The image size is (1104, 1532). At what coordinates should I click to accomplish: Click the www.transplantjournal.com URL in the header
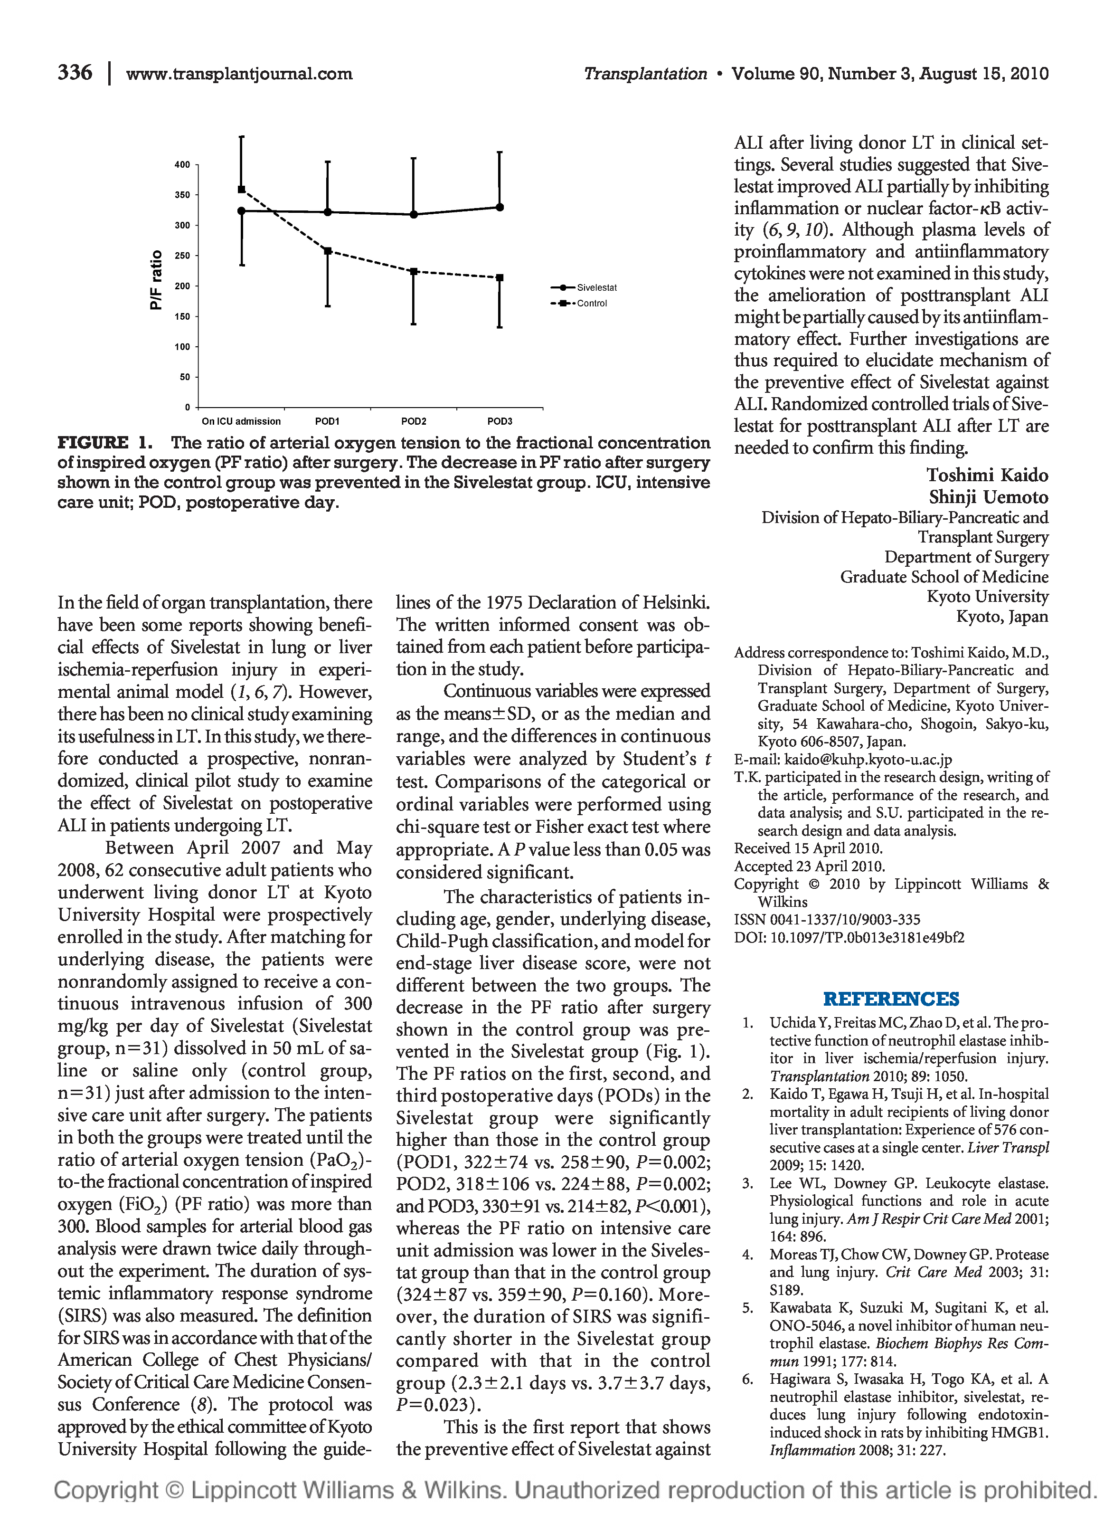[x=239, y=74]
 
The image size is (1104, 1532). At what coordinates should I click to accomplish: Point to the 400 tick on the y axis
[x=182, y=164]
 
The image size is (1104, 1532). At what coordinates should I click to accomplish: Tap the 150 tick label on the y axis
[x=182, y=316]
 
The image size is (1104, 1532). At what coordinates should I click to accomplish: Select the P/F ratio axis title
[x=156, y=280]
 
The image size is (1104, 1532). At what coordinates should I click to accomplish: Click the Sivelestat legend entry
[x=596, y=288]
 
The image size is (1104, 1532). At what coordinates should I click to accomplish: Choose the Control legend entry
[x=592, y=303]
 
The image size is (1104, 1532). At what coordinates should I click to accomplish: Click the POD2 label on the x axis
[x=413, y=421]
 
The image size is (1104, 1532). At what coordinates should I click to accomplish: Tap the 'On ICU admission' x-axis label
[x=241, y=421]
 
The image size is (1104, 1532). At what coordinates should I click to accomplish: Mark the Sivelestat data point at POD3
[x=500, y=208]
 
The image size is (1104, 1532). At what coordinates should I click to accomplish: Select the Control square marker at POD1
[x=328, y=251]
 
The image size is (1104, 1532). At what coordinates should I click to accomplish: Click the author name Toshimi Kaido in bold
[x=987, y=476]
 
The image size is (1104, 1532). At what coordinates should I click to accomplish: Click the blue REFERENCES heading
[x=891, y=999]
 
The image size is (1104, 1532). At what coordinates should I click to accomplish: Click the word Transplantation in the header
[x=645, y=74]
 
